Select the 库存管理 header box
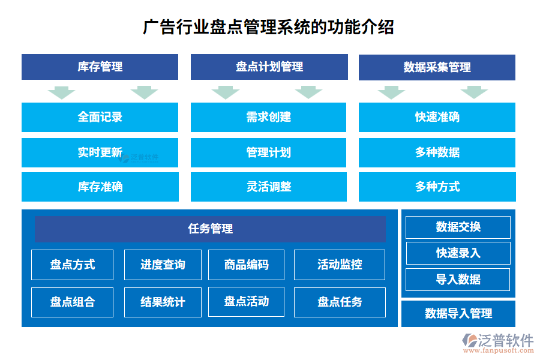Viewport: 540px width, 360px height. click(100, 67)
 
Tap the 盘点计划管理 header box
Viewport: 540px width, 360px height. click(269, 67)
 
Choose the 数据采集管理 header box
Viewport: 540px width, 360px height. click(437, 67)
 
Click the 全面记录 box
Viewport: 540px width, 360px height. click(100, 117)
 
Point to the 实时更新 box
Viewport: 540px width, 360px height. click(100, 152)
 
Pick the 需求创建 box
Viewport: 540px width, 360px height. click(268, 117)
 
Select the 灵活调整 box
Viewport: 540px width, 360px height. click(268, 187)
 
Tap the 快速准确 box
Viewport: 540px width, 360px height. click(437, 117)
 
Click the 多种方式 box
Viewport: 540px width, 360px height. click(437, 187)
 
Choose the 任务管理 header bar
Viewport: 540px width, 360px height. click(210, 229)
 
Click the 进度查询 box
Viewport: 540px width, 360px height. click(163, 265)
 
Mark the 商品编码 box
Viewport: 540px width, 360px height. click(246, 265)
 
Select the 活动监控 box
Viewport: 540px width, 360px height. click(340, 265)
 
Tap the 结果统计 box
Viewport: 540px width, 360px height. click(163, 302)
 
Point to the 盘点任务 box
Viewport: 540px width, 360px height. click(340, 302)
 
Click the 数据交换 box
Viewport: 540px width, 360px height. click(458, 227)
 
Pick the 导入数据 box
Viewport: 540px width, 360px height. click(458, 280)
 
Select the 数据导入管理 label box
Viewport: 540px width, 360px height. click(458, 313)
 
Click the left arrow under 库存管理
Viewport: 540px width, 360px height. click(61, 92)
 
